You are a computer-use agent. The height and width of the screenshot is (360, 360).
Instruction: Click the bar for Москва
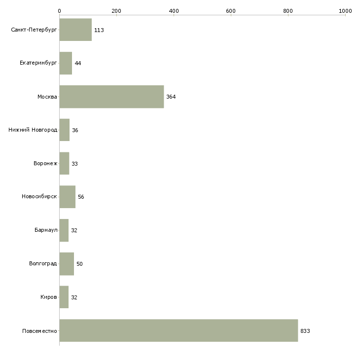tap(111, 97)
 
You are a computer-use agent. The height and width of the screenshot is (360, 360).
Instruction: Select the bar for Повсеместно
tap(179, 330)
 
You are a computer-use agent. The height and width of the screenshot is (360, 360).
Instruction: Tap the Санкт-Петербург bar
tap(75, 30)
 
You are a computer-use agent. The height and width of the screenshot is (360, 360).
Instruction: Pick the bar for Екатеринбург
tap(66, 63)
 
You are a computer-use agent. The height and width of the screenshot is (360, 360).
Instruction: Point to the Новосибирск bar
tap(67, 197)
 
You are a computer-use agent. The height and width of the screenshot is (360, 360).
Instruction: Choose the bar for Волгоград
tap(67, 264)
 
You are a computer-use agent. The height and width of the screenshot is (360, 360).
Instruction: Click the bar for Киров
tap(64, 297)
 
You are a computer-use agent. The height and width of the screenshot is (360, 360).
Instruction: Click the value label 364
tap(171, 97)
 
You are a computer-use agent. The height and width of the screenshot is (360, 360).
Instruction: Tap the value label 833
tap(305, 331)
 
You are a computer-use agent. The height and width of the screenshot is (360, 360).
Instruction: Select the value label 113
tap(99, 30)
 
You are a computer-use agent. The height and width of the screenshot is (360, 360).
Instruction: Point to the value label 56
tap(81, 197)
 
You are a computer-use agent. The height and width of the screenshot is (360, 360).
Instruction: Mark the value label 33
tap(74, 164)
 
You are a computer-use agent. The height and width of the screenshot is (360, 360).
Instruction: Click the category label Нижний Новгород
tap(33, 130)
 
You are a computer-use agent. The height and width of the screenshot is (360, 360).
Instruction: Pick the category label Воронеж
tap(45, 163)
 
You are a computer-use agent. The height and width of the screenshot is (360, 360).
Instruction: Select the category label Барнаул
tap(46, 230)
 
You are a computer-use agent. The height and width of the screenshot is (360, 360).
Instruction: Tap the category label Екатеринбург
tap(38, 63)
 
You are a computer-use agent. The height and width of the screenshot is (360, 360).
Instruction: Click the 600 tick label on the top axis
tap(231, 11)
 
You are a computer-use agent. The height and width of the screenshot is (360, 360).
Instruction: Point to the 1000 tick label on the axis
tap(345, 11)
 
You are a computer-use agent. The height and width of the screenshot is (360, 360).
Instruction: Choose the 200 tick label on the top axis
tap(116, 11)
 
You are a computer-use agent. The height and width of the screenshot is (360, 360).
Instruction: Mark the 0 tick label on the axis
tap(60, 11)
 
